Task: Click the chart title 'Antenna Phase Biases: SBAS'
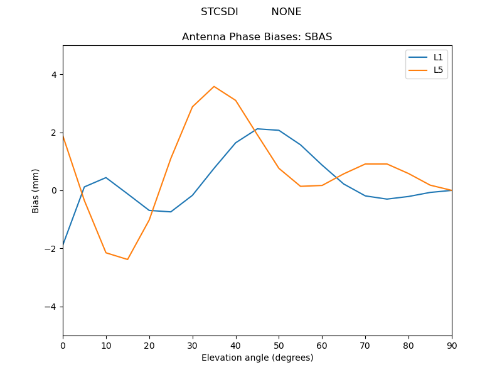click(x=257, y=37)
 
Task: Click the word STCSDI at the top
click(x=219, y=12)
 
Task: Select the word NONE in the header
click(x=286, y=12)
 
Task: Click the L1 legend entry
click(x=438, y=57)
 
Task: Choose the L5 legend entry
click(x=438, y=70)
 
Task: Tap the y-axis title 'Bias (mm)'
click(x=36, y=190)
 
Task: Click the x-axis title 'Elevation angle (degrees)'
click(x=257, y=358)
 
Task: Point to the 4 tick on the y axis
click(x=53, y=75)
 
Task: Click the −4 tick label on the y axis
click(x=51, y=307)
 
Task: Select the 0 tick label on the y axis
click(x=53, y=190)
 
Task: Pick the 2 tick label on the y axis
click(x=53, y=133)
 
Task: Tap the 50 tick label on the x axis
click(x=279, y=345)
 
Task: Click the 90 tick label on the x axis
click(x=451, y=345)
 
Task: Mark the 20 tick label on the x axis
click(x=149, y=345)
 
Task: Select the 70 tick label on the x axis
click(x=365, y=345)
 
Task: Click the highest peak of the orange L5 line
click(x=214, y=87)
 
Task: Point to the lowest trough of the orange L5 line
click(x=127, y=260)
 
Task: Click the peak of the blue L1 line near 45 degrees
click(x=257, y=129)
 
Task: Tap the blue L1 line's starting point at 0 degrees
click(x=63, y=244)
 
